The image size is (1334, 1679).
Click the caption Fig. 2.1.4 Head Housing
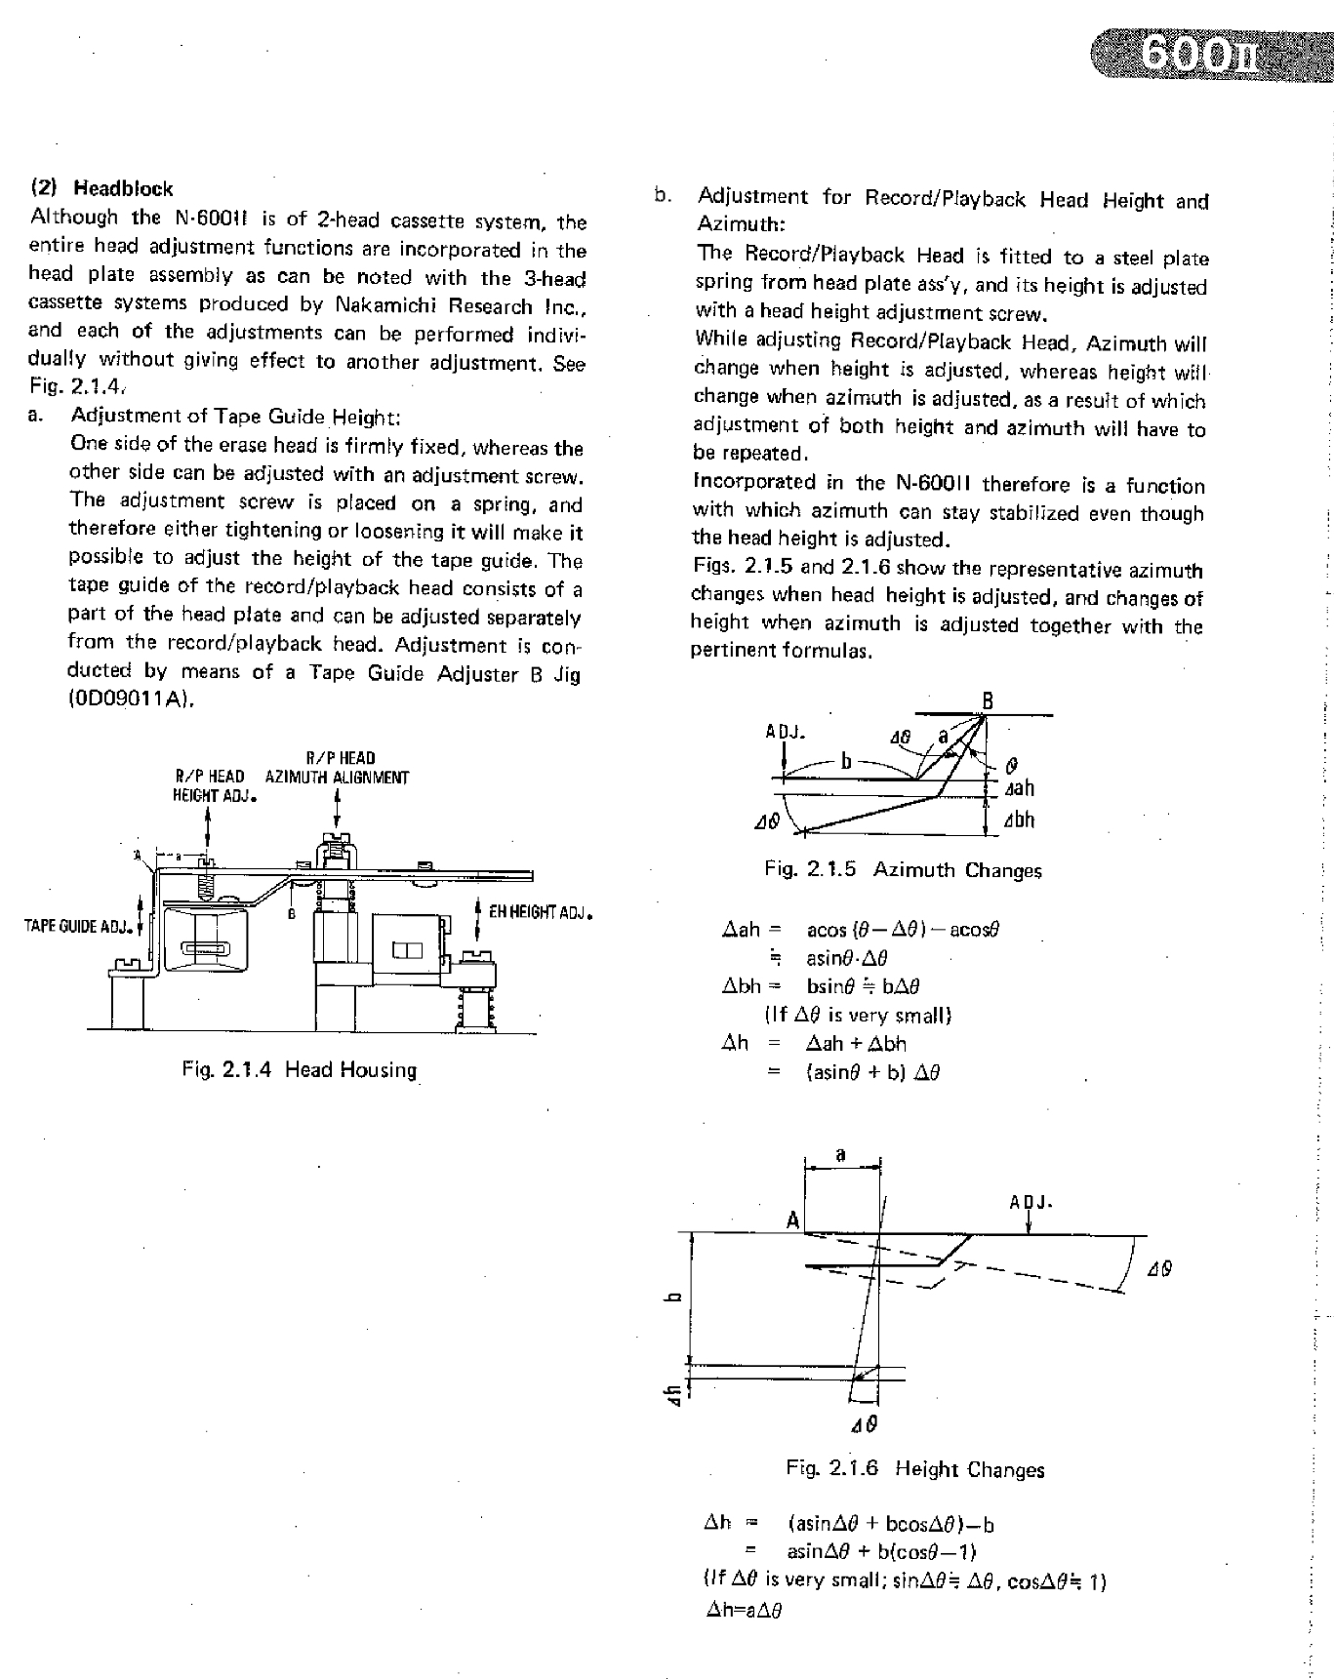point(300,1070)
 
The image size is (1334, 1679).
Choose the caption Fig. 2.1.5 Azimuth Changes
point(903,870)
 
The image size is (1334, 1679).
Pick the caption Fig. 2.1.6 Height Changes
point(914,1469)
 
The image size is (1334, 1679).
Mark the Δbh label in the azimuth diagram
point(1019,820)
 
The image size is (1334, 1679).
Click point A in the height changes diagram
point(792,1220)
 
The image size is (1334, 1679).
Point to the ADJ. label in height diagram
point(1030,1203)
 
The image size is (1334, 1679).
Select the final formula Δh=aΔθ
point(744,1611)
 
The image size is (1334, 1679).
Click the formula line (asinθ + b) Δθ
point(872,1073)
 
